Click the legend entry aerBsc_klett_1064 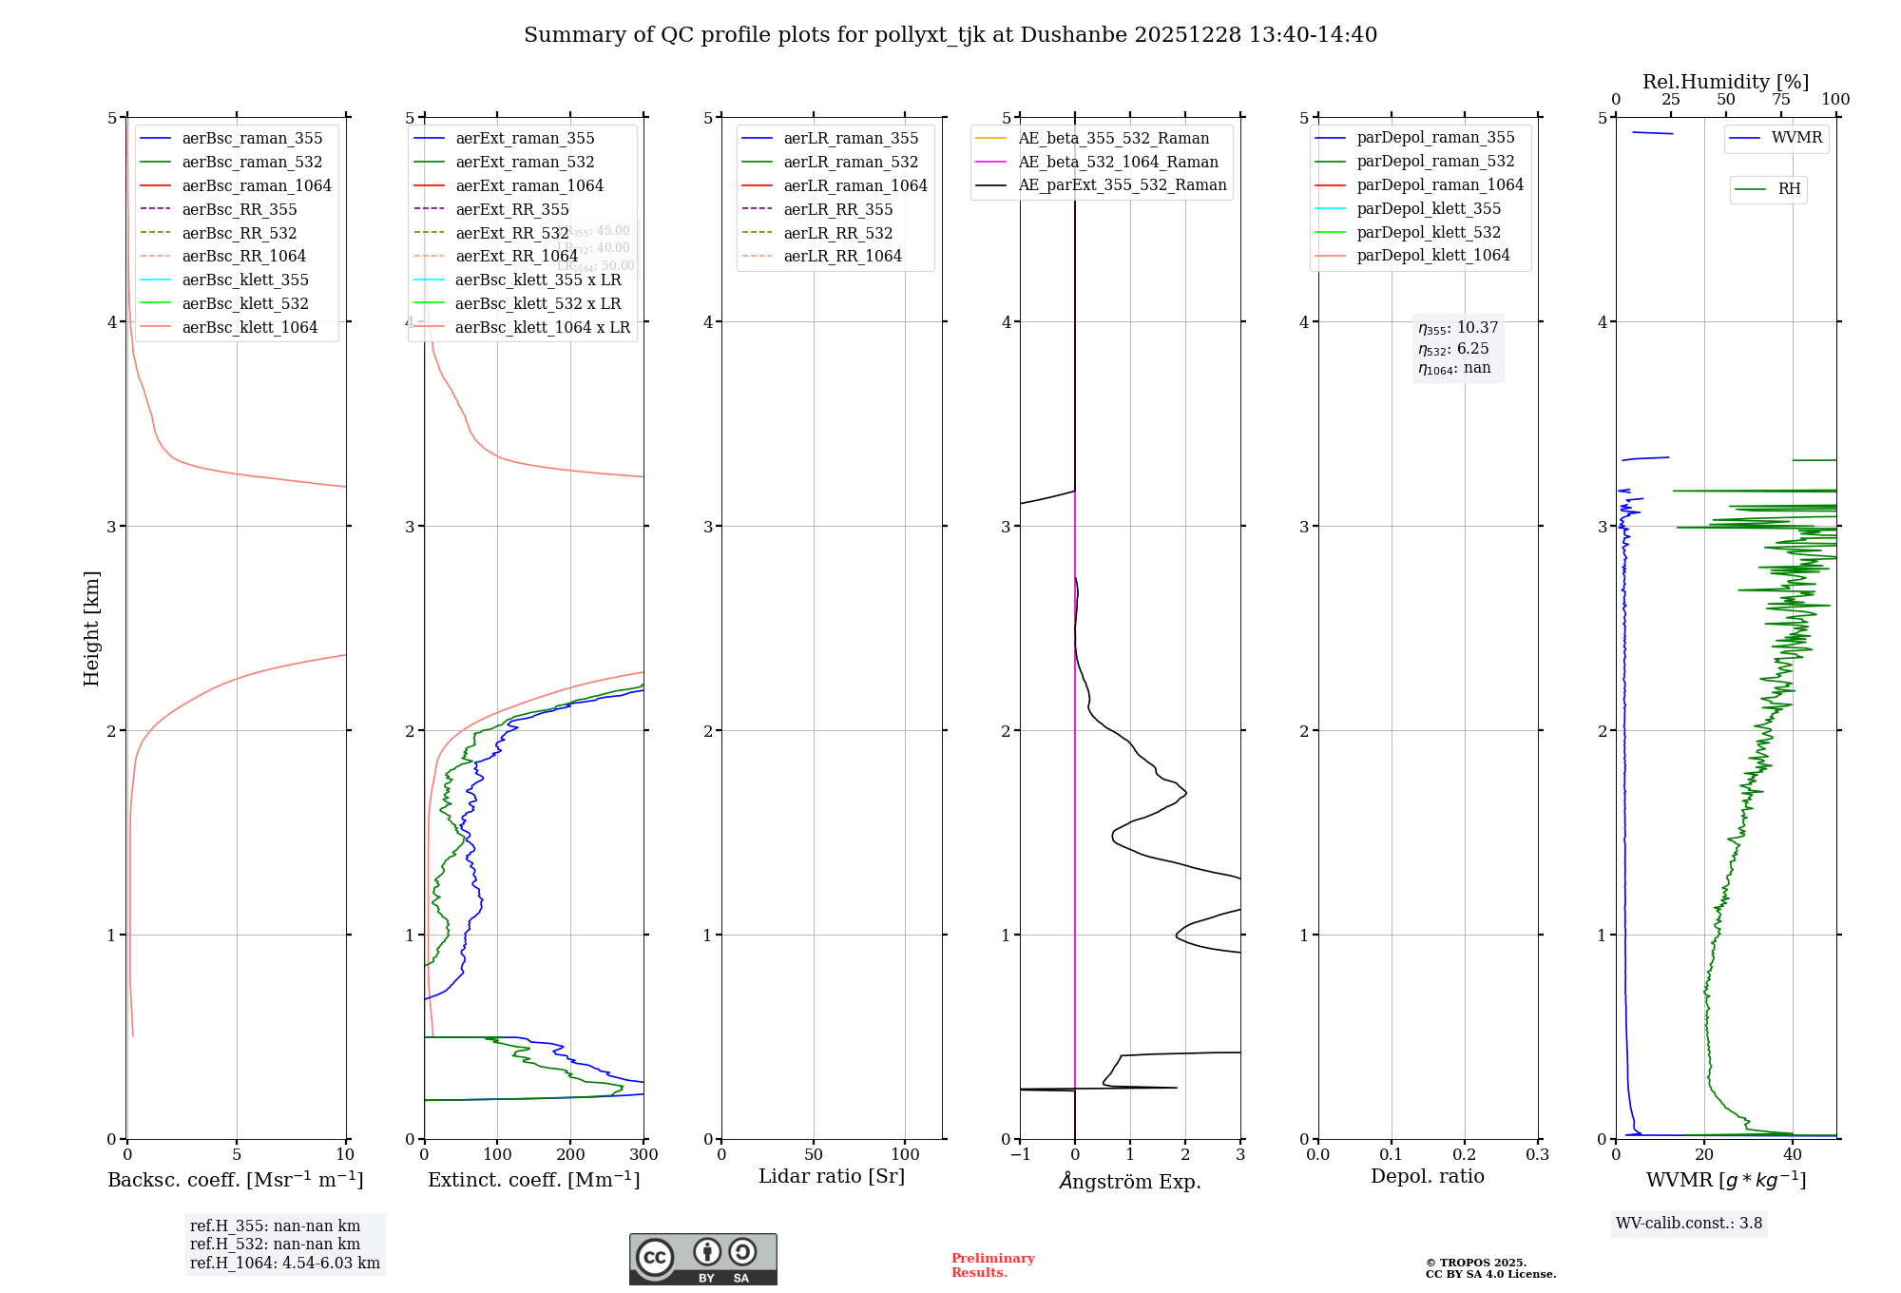249,327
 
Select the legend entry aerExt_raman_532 525,162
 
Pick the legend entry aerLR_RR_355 837,209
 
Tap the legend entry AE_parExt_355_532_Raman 1122,184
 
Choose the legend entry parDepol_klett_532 1428,232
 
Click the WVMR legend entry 1795,138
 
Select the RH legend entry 1788,189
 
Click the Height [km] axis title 91,628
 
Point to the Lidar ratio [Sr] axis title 832,1176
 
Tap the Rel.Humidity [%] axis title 1725,82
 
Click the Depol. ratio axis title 1427,1176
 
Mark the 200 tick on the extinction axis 570,1154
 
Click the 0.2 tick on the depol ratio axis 1465,1154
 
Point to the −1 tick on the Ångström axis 1020,1154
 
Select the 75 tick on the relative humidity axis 1780,100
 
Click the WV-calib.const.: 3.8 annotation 1689,1223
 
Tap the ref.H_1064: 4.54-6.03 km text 284,1263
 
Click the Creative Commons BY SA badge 702,1259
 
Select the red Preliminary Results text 992,1264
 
